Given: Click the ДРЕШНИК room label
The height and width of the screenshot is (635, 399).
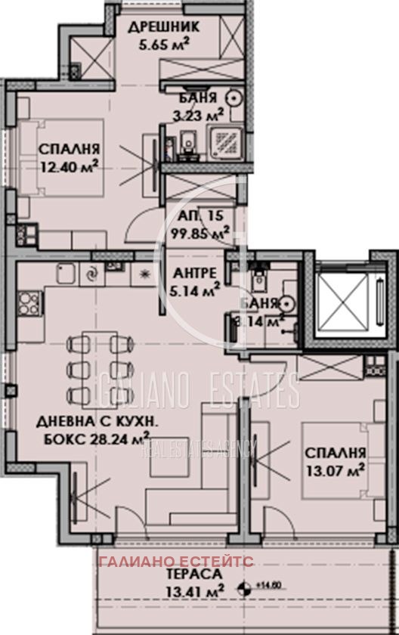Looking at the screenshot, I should (x=163, y=26).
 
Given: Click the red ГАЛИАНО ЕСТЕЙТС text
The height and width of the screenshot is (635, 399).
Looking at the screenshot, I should (x=180, y=563).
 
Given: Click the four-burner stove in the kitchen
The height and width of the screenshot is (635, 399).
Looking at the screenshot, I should (x=29, y=305).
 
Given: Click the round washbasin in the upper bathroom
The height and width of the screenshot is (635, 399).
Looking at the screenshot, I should (x=234, y=97).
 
